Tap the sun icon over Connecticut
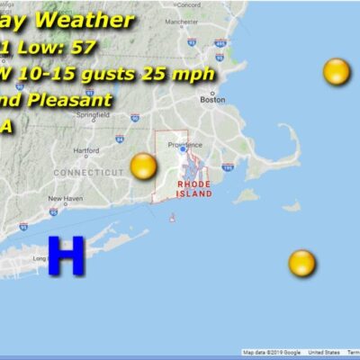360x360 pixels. (x=144, y=166)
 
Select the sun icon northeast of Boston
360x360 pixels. (x=337, y=71)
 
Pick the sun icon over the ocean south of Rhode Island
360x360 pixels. (x=301, y=263)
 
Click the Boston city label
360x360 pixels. (x=212, y=100)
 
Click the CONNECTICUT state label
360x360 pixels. (x=89, y=171)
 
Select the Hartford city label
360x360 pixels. (x=86, y=150)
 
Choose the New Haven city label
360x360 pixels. (x=66, y=198)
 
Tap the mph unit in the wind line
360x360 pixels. (x=196, y=73)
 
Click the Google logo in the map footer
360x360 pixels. (x=290, y=353)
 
